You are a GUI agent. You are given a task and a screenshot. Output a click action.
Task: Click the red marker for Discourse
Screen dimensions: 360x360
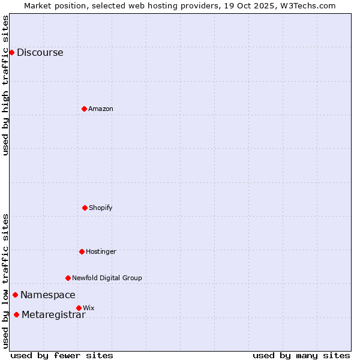(x=11, y=52)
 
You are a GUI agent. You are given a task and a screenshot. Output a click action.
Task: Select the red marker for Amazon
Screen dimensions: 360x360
(x=84, y=109)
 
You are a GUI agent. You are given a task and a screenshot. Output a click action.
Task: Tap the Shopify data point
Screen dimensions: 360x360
(x=85, y=208)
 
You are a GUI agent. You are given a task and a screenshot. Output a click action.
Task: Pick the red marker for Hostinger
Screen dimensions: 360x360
(x=82, y=251)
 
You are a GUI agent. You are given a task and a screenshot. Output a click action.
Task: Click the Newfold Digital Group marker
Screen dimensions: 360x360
(x=68, y=278)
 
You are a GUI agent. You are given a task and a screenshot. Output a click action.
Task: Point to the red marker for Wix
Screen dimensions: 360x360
(x=79, y=308)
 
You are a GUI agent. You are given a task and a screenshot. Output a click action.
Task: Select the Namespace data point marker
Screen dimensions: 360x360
(x=15, y=295)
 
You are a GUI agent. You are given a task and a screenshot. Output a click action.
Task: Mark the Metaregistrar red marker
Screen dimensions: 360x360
(x=16, y=315)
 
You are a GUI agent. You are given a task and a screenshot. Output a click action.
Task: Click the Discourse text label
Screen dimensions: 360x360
(x=40, y=52)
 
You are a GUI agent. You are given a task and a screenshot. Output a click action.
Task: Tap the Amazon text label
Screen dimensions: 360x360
(x=101, y=109)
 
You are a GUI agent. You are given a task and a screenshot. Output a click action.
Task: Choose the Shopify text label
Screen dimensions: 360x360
(x=101, y=208)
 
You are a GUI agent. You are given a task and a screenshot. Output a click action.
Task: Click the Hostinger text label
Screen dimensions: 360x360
(x=101, y=251)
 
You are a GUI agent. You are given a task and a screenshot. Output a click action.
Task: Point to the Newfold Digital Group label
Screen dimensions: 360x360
(x=107, y=278)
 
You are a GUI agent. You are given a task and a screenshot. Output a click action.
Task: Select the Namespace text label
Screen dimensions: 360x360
(x=48, y=295)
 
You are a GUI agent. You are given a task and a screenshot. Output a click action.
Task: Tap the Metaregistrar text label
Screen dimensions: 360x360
(x=53, y=315)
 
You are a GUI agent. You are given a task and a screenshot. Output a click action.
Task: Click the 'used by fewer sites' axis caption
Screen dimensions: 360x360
(x=62, y=355)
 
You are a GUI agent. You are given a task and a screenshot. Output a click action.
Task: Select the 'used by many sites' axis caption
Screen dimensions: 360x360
(x=301, y=355)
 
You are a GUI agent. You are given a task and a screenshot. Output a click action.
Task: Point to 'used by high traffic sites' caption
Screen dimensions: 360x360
(x=5, y=85)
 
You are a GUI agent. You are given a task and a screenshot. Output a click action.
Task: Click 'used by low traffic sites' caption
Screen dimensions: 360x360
(x=5, y=281)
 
